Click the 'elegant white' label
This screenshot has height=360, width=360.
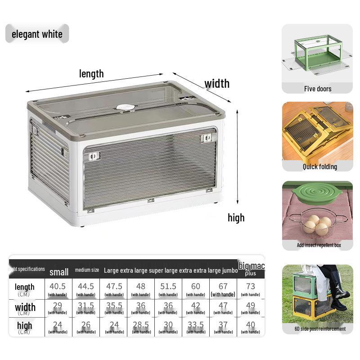point(37,34)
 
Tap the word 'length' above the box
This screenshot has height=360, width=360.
point(91,73)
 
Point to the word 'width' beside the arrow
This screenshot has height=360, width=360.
point(217,83)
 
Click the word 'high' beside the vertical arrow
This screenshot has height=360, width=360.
point(236,218)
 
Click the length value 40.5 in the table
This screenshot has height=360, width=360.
point(58,286)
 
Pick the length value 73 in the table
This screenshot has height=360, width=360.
point(251,286)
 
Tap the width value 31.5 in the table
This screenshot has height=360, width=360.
point(85,306)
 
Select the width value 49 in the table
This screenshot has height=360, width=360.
point(251,306)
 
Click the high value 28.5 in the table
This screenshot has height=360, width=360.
point(141,325)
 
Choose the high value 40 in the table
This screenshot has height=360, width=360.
point(251,325)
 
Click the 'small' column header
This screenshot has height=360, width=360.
point(59,272)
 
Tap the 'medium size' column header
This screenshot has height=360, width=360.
point(87,270)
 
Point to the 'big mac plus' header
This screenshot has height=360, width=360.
point(251,269)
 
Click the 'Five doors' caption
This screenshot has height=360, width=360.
point(317,89)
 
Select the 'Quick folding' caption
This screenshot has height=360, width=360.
point(319,166)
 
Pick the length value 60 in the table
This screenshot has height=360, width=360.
point(196,286)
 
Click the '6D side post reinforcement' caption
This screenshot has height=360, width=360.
point(320,328)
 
